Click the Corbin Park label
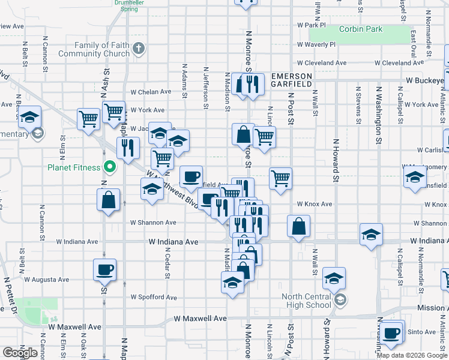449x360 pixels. click(360, 29)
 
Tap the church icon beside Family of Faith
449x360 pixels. click(139, 48)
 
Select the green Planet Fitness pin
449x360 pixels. click(109, 167)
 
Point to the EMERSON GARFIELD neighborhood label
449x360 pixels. click(292, 80)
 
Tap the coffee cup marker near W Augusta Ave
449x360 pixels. click(104, 269)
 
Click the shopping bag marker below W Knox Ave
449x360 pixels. click(298, 227)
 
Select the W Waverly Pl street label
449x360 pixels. click(316, 44)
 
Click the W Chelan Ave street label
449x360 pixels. click(151, 92)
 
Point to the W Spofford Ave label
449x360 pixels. click(154, 297)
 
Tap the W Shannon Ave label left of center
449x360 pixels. click(154, 222)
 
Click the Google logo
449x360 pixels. click(20, 353)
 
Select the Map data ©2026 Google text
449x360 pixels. click(412, 355)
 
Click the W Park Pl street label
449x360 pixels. click(311, 25)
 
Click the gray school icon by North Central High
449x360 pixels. click(339, 300)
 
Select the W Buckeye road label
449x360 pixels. click(427, 80)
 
